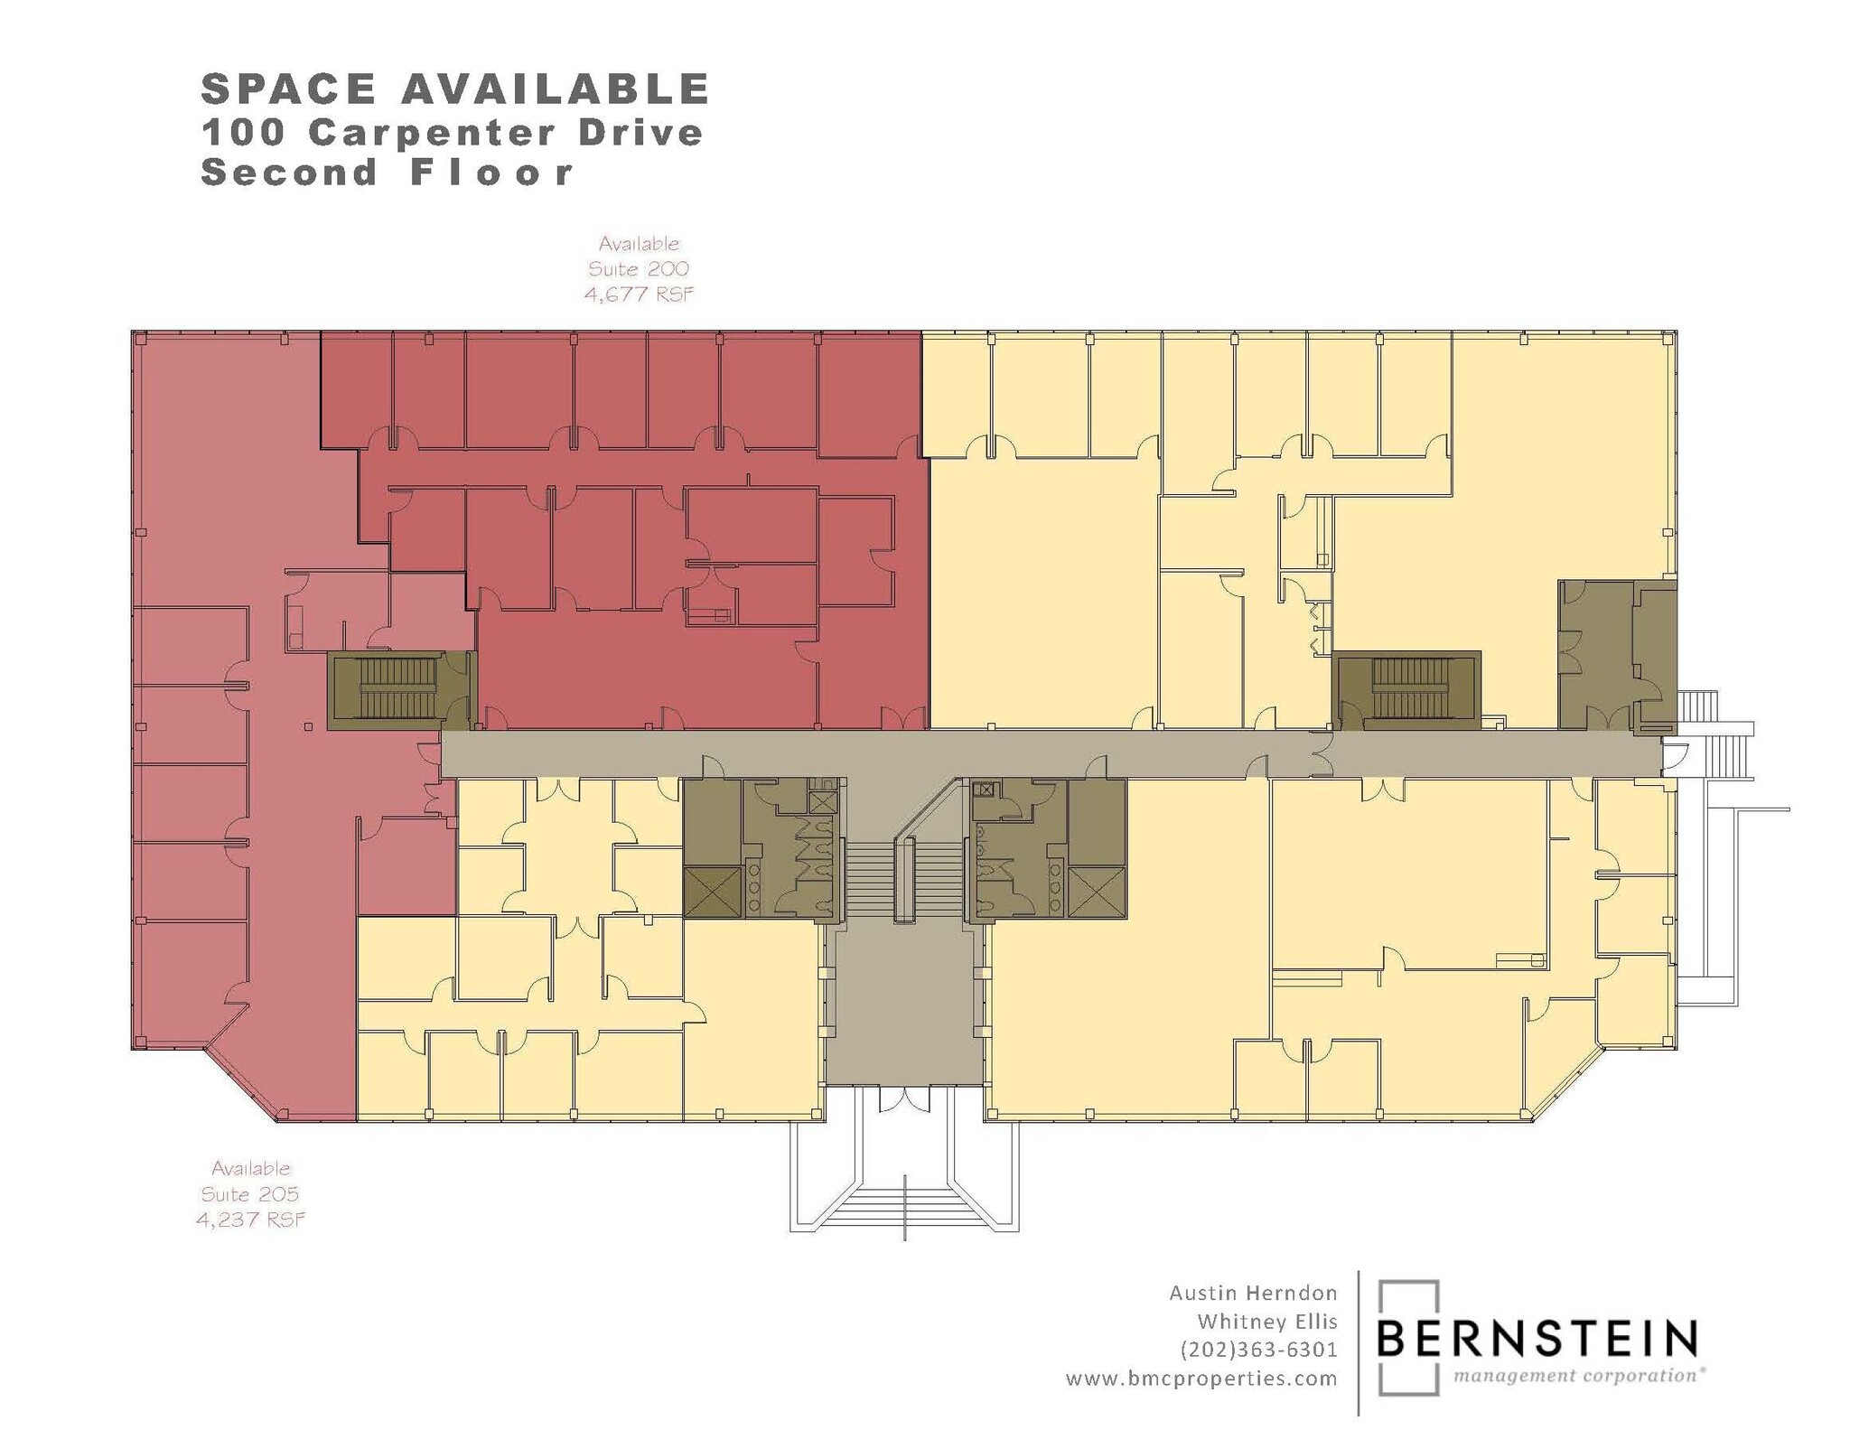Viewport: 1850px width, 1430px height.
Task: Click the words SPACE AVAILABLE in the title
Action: [454, 89]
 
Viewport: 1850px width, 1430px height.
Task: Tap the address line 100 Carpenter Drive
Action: [452, 133]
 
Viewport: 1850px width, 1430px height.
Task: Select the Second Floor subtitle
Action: [387, 172]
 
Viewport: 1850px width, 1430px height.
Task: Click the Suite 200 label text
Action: [639, 268]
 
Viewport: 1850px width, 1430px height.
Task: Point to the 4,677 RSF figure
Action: [639, 294]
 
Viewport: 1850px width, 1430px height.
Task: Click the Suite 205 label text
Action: [250, 1193]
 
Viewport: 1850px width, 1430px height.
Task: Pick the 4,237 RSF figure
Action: [250, 1220]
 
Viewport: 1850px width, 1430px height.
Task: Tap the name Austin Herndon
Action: [1253, 1293]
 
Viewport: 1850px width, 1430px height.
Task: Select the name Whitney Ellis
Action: [1266, 1322]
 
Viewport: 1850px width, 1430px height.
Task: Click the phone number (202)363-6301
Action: [1258, 1350]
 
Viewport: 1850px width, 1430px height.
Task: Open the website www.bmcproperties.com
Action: [1201, 1379]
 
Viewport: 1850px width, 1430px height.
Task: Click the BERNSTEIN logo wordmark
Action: [1537, 1339]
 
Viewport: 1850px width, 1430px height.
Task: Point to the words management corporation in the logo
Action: [1576, 1376]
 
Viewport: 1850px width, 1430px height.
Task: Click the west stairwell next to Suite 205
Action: [397, 687]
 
